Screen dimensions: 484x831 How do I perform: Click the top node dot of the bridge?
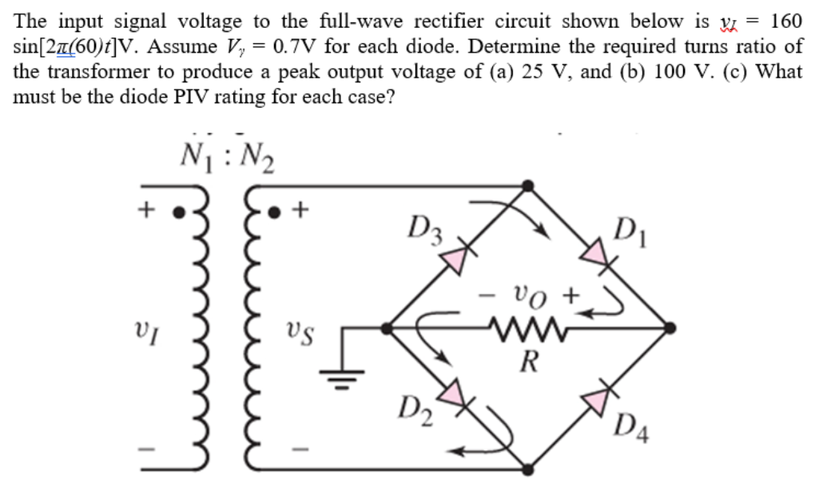[x=527, y=185]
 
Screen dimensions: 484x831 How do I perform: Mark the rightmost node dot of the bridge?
[x=670, y=327]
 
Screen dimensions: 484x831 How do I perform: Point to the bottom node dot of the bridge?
[x=527, y=470]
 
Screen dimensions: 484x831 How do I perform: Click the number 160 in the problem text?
[x=782, y=22]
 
